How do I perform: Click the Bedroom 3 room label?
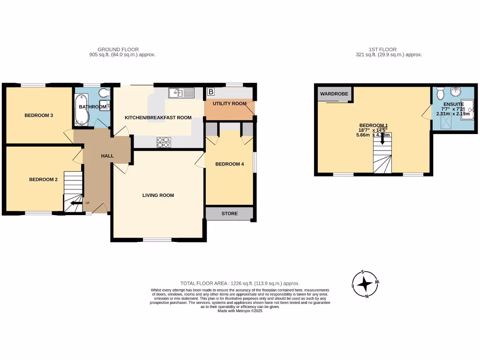click(x=38, y=115)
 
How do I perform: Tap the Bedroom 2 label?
click(x=43, y=179)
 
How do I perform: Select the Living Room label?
click(x=158, y=195)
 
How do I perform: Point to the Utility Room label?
click(x=230, y=104)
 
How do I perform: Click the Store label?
click(x=230, y=214)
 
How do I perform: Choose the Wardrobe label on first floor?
click(x=334, y=94)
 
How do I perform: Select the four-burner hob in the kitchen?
click(x=164, y=142)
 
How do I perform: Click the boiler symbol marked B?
click(x=211, y=91)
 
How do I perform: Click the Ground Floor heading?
click(x=118, y=49)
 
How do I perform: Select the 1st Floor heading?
click(x=383, y=49)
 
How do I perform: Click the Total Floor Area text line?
click(x=240, y=283)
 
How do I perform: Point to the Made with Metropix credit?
click(x=240, y=311)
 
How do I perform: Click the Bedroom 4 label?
click(x=230, y=164)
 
